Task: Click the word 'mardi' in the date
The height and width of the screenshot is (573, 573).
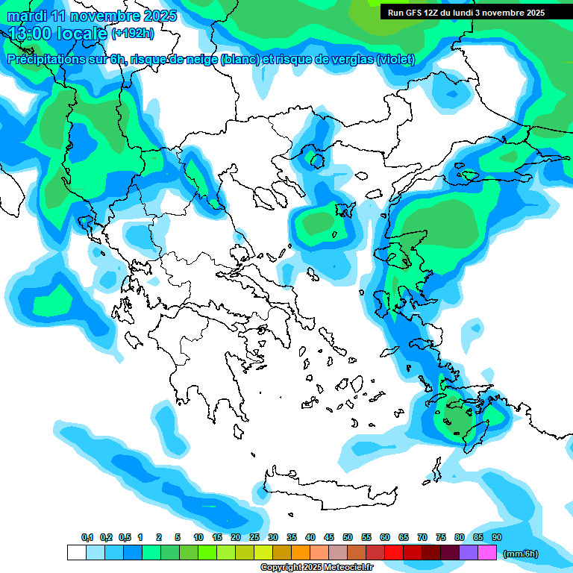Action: [27, 16]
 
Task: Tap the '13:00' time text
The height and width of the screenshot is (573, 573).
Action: [32, 33]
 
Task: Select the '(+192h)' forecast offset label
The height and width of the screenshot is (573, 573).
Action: [132, 33]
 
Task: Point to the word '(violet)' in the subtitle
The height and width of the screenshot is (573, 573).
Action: [395, 60]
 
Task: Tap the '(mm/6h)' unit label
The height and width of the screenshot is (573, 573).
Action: [521, 554]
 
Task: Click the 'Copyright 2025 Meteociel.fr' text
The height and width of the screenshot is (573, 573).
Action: [316, 568]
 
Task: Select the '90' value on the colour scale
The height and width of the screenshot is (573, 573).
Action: [496, 537]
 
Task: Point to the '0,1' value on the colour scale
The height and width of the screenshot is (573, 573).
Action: [87, 537]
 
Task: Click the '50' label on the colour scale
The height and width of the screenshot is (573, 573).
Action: [348, 537]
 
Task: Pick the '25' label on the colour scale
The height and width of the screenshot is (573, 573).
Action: [254, 537]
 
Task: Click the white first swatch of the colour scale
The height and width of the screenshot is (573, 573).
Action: [77, 553]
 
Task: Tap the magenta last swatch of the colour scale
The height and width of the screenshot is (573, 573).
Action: [487, 553]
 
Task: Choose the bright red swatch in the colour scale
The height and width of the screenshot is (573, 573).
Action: [394, 553]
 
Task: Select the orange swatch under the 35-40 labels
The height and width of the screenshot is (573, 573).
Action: [301, 553]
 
